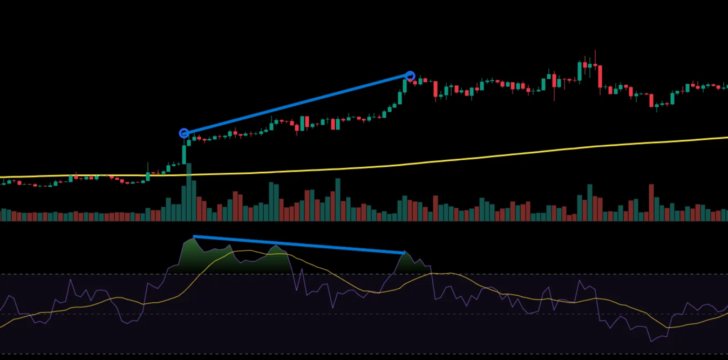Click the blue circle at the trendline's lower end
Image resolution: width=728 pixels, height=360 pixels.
[x=184, y=133]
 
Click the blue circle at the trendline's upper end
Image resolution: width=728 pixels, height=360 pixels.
[x=410, y=76]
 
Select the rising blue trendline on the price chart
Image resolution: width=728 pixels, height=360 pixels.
[x=297, y=104]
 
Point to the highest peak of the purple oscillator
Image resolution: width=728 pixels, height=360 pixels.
[x=193, y=237]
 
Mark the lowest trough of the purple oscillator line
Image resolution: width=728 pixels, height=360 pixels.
[x=652, y=341]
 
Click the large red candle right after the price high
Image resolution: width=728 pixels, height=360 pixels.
[x=600, y=77]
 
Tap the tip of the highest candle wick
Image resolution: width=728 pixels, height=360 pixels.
[x=595, y=51]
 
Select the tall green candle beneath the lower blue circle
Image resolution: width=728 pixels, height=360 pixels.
[x=184, y=153]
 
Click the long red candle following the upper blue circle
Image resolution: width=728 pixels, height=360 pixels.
[x=436, y=89]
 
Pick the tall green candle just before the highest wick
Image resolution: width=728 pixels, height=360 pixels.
[x=580, y=71]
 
